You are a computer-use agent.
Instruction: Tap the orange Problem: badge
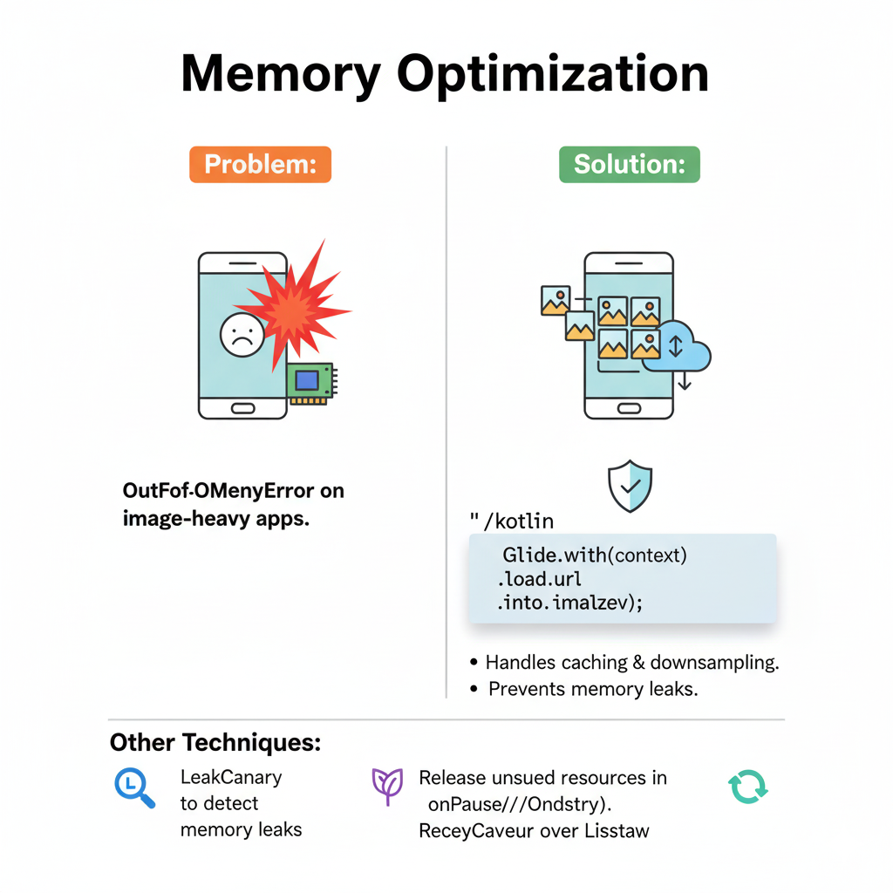(260, 164)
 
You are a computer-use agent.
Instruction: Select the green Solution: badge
(629, 164)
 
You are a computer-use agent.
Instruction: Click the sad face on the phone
(242, 335)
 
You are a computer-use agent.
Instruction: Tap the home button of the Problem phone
(242, 408)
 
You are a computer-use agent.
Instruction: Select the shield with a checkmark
(630, 486)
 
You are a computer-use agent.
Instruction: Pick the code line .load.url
(540, 578)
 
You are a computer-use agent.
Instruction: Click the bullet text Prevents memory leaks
(592, 689)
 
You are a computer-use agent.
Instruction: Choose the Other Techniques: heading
(215, 743)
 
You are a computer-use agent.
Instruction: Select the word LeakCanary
(231, 776)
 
